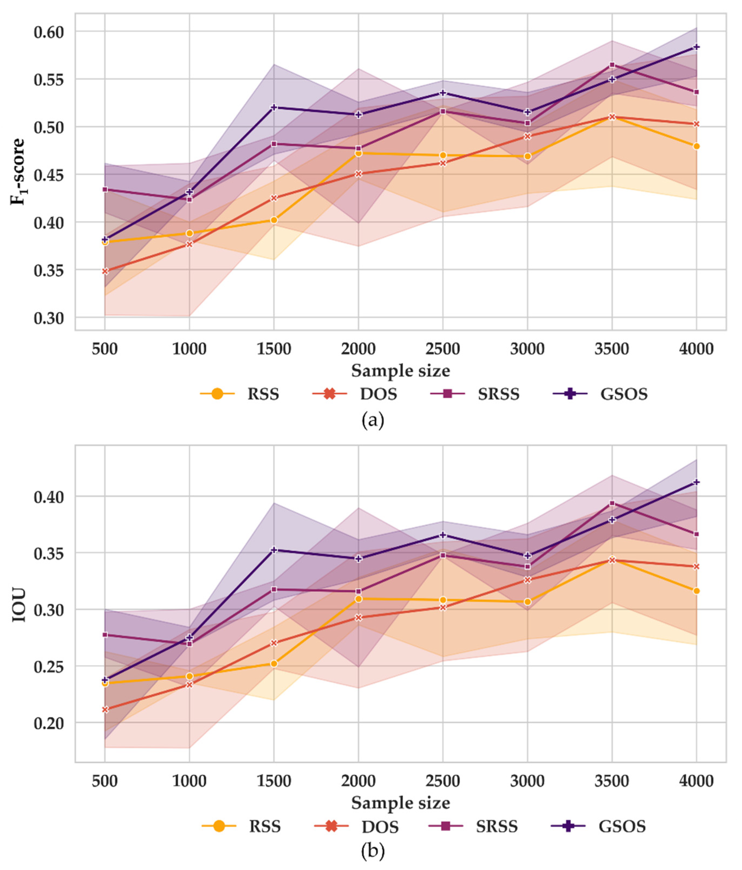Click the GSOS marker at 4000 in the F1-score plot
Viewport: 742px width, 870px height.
pyautogui.click(x=697, y=47)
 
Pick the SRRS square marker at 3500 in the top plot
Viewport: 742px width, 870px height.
pyautogui.click(x=612, y=65)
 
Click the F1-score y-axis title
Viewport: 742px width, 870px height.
pyautogui.click(x=18, y=171)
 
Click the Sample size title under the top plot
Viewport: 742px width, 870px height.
pyautogui.click(x=400, y=370)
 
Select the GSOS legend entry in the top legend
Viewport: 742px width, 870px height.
pyautogui.click(x=600, y=394)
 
